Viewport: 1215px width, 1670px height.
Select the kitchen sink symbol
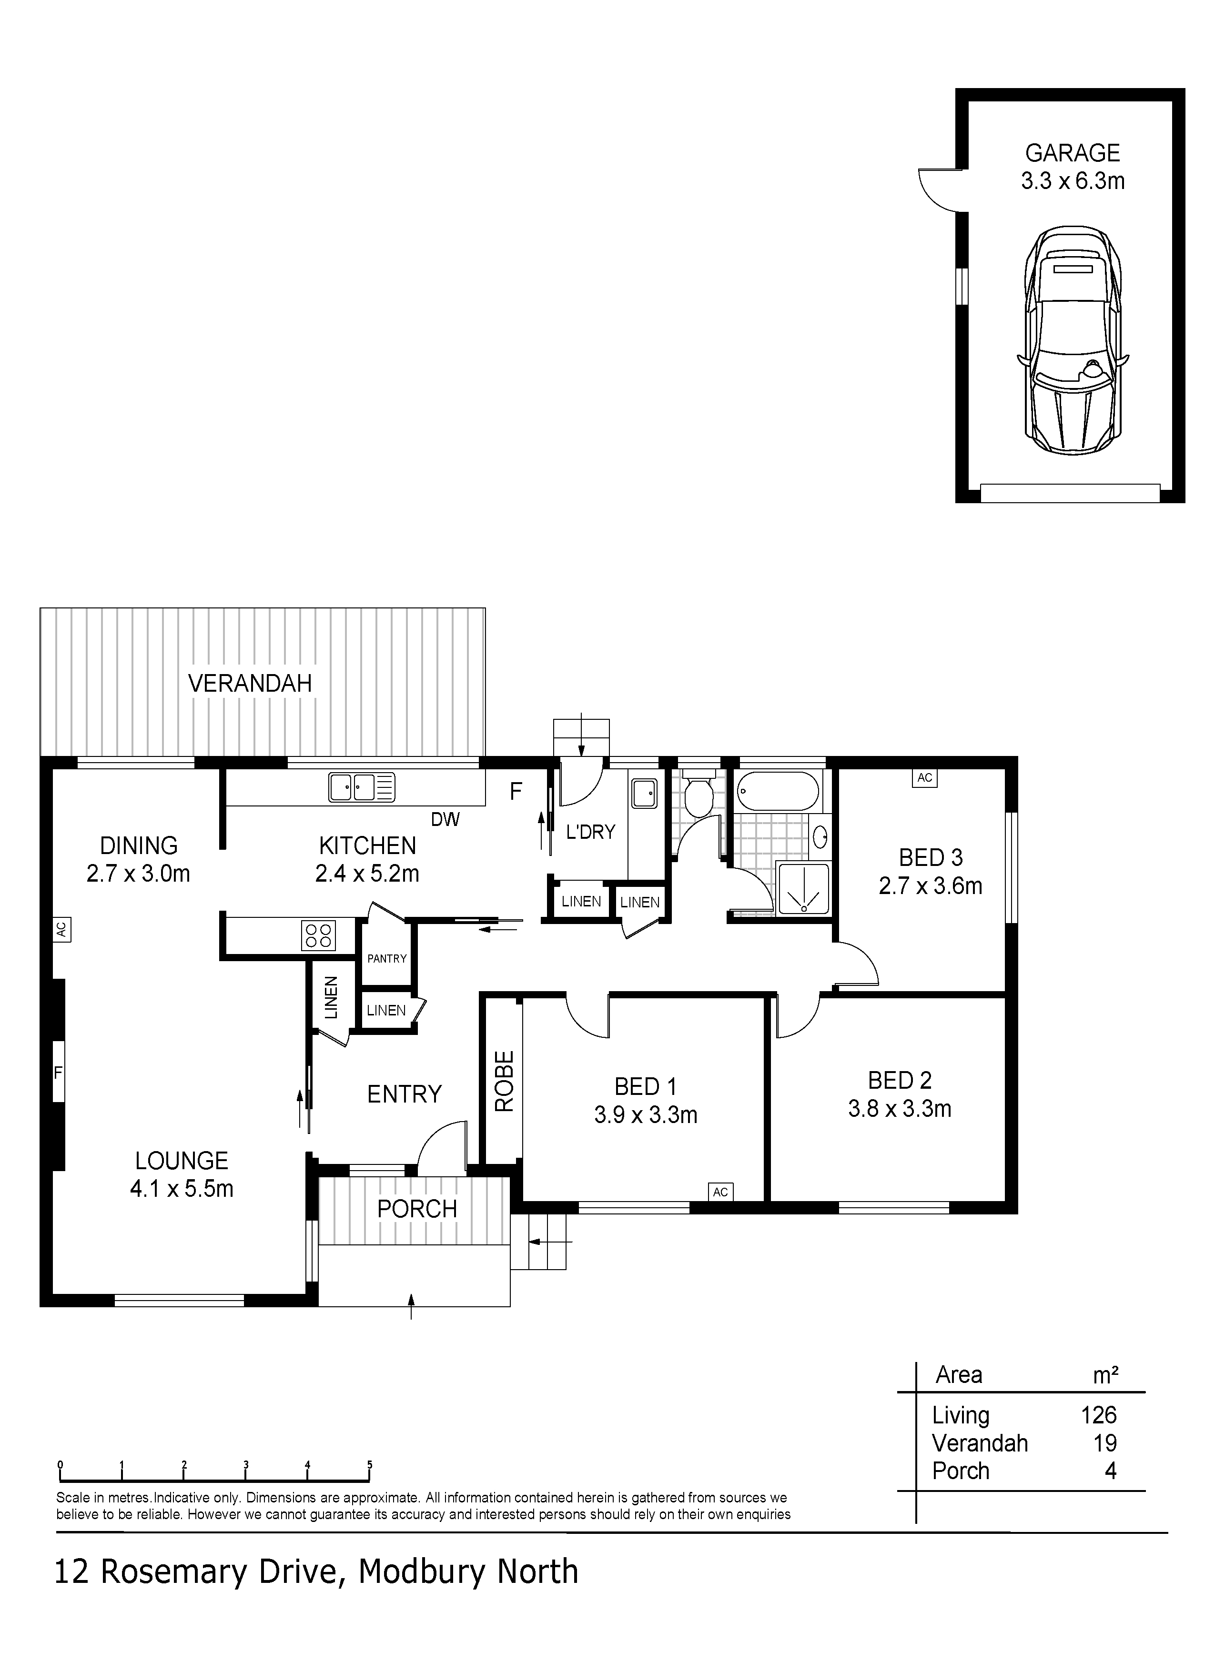[x=362, y=787]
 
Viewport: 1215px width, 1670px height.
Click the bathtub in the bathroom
[x=777, y=790]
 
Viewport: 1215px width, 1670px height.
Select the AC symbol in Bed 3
[x=925, y=777]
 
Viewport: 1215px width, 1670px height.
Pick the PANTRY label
[x=387, y=958]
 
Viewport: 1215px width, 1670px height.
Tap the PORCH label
[x=417, y=1208]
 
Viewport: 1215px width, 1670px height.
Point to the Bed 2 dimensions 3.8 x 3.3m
[x=900, y=1108]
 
